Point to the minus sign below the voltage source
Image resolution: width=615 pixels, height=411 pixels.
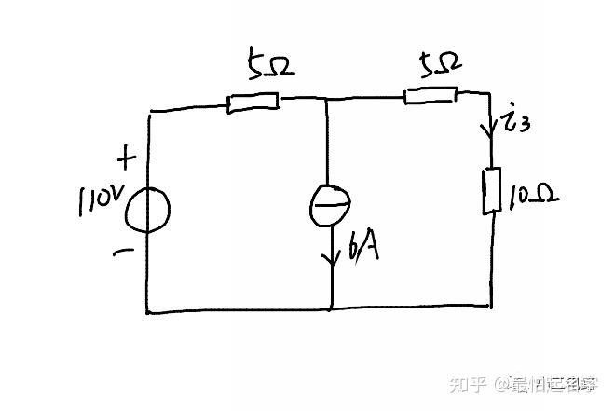[x=123, y=251]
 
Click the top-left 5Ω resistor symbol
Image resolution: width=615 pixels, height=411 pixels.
[x=253, y=102]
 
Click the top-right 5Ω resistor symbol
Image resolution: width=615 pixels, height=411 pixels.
[x=430, y=94]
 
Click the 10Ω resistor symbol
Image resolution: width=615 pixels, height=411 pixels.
[x=490, y=191]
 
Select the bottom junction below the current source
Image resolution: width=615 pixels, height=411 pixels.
[x=332, y=310]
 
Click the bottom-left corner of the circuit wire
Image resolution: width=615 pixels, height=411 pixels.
[x=147, y=312]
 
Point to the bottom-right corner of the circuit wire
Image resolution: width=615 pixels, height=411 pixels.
[x=491, y=306]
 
